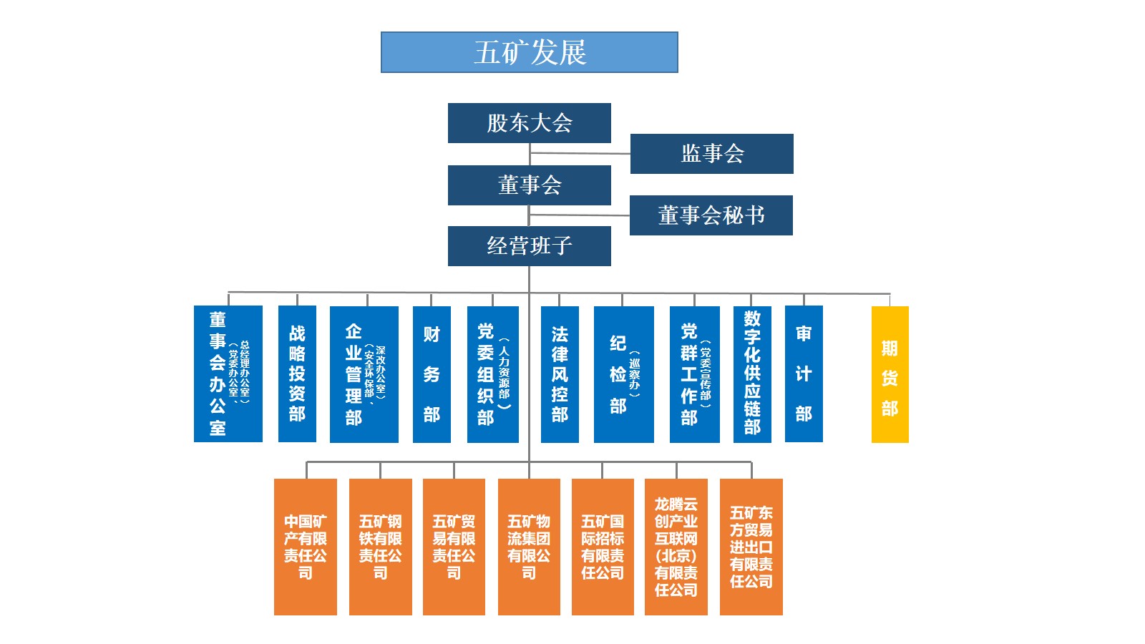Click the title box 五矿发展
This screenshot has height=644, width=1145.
pos(529,52)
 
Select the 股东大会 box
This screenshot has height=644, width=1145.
pos(529,123)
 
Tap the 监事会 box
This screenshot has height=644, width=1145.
pos(711,154)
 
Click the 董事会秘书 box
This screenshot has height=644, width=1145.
pos(711,215)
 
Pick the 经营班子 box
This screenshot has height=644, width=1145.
pos(529,246)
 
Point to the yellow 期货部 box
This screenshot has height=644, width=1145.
pos(890,374)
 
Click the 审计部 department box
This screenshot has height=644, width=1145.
pos(803,374)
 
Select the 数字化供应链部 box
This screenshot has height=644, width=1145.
pos(751,374)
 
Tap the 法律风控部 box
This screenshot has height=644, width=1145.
pos(559,374)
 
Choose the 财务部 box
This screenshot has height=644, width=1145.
pos(431,374)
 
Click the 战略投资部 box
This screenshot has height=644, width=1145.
pos(297,374)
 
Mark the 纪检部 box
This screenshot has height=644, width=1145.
pos(623,374)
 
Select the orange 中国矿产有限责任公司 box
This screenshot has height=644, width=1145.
pos(305,547)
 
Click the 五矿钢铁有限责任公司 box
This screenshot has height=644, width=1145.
pos(380,547)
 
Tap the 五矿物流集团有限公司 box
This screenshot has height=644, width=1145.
pos(528,547)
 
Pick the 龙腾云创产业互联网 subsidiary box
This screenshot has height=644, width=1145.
pos(676,547)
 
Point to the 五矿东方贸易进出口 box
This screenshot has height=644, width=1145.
pos(751,547)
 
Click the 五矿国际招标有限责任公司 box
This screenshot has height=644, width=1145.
pos(602,547)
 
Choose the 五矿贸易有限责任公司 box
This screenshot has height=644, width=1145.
pos(454,547)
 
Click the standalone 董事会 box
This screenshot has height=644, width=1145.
pos(529,185)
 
